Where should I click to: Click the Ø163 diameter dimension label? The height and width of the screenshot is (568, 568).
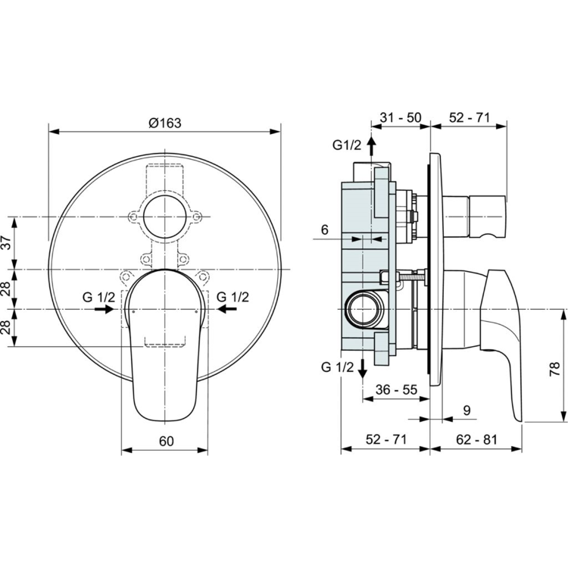(166, 123)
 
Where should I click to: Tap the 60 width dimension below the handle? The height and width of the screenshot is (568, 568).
(167, 441)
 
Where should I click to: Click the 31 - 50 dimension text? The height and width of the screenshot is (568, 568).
(401, 117)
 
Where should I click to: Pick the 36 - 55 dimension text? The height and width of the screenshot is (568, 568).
(396, 389)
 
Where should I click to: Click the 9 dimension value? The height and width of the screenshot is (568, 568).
(467, 410)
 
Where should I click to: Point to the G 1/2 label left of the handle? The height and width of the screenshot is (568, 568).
(98, 296)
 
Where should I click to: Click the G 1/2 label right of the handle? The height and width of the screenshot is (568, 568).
(233, 296)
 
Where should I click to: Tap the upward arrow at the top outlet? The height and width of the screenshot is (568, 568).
(370, 144)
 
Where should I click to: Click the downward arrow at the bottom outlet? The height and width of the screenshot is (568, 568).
(363, 367)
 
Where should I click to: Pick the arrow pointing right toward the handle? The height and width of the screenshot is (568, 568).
(105, 309)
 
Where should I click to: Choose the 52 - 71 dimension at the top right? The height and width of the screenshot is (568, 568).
(470, 117)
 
